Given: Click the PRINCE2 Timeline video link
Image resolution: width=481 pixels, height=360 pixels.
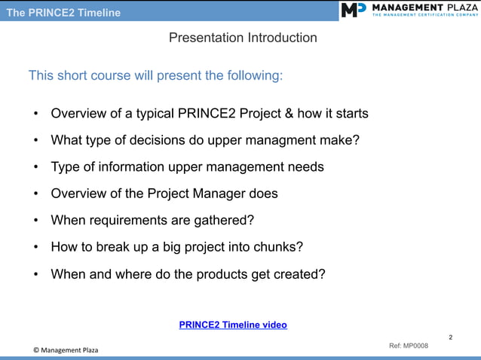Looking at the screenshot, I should click(233, 325).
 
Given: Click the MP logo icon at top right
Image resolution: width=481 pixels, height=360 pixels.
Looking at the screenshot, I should click(353, 10).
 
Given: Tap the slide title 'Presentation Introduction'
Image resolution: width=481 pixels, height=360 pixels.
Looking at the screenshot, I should click(243, 38).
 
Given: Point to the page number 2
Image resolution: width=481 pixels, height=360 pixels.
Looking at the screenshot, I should click(451, 337).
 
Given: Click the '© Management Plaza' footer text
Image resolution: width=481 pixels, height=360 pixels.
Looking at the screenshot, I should click(66, 350).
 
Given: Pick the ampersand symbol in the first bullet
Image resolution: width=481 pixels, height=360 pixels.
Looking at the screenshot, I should click(287, 114).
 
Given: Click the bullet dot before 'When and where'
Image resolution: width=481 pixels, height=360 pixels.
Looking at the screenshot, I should click(35, 275).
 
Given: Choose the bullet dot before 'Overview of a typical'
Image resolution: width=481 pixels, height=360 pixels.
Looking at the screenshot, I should click(35, 114).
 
